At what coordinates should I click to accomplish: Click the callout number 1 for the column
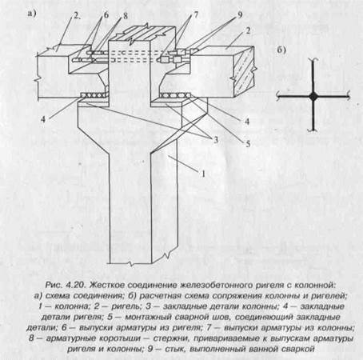pyautogui.click(x=203, y=174)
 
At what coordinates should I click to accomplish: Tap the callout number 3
pyautogui.click(x=215, y=139)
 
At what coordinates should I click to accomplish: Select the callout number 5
pyautogui.click(x=248, y=144)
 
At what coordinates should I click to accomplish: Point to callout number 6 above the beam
pyautogui.click(x=106, y=15)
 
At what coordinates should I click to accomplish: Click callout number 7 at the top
pyautogui.click(x=196, y=14)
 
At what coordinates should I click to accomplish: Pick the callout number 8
pyautogui.click(x=125, y=16)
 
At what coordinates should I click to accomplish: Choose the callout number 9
pyautogui.click(x=240, y=14)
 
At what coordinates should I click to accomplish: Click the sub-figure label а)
pyautogui.click(x=31, y=14)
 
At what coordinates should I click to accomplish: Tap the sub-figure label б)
pyautogui.click(x=281, y=50)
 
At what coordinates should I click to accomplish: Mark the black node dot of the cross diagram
pyautogui.click(x=313, y=97)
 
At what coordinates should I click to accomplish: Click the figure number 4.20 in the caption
pyautogui.click(x=76, y=285)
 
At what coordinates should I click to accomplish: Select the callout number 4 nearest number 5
pyautogui.click(x=247, y=122)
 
